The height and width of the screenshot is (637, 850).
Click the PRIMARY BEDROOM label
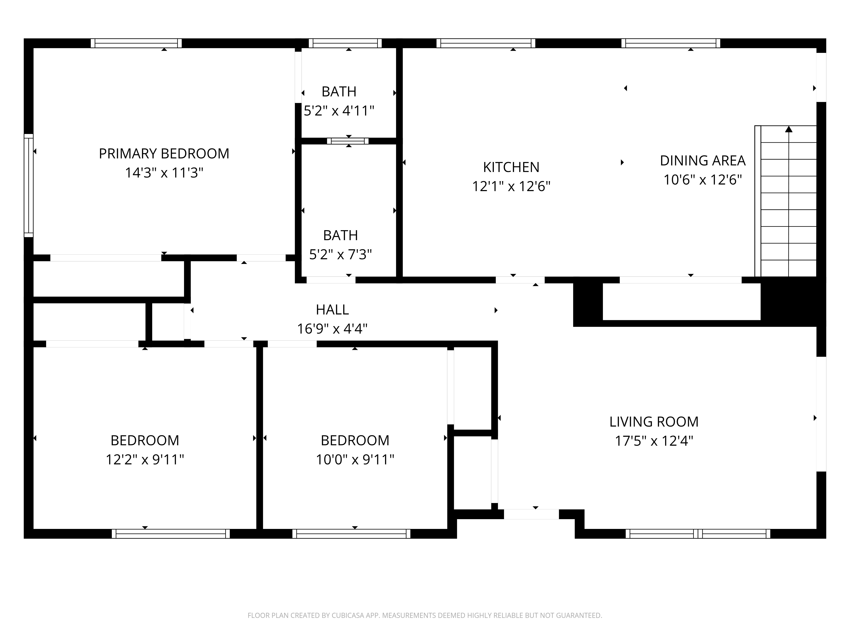(164, 154)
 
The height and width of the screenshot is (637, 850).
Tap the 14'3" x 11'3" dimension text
(164, 173)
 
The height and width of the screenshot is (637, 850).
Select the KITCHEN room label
(511, 167)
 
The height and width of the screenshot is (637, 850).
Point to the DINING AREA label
(703, 161)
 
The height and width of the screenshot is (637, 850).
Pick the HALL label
(332, 310)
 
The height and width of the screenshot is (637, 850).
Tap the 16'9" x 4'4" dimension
(332, 329)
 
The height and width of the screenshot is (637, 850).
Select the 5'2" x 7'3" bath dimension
(340, 254)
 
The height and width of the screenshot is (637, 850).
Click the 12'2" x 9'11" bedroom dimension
(145, 459)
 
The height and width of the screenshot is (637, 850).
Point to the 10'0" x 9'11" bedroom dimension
(355, 459)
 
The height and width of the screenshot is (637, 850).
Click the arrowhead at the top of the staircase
(789, 129)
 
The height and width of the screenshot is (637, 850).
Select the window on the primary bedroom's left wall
(28, 185)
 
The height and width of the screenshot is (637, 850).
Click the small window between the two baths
(348, 141)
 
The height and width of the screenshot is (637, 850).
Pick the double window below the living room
(698, 534)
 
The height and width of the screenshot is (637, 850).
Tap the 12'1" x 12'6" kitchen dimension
(511, 187)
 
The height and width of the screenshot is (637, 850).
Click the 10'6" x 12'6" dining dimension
(703, 180)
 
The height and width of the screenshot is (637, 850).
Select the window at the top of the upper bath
(345, 43)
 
